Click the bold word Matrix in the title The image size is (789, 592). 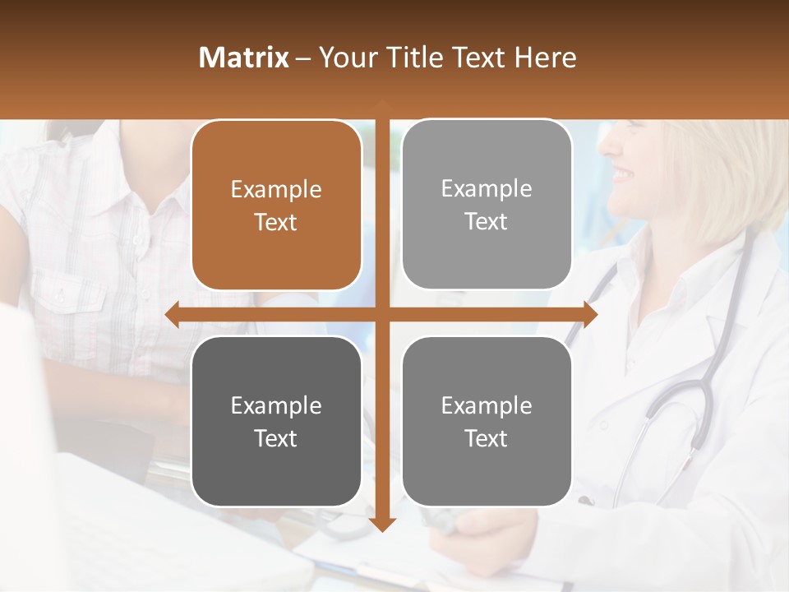(x=244, y=58)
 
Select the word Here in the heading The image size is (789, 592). (x=546, y=58)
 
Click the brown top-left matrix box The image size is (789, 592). (x=276, y=206)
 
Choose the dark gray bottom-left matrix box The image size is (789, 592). (x=276, y=421)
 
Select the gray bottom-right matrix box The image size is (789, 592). (x=487, y=421)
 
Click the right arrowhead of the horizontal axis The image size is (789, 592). (x=589, y=313)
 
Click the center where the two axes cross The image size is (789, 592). (x=382, y=313)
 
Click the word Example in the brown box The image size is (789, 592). (x=276, y=190)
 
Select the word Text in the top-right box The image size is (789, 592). (x=486, y=221)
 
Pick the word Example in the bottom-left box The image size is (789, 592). (x=276, y=406)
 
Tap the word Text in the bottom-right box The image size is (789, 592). (x=486, y=438)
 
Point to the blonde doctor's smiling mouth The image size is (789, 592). (x=622, y=174)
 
